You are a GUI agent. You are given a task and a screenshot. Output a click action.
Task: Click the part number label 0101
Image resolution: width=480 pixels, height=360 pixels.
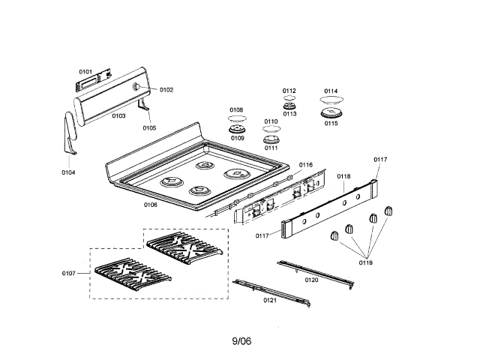coord(86,71)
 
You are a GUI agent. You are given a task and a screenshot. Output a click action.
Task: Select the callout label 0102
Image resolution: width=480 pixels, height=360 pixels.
coord(166,89)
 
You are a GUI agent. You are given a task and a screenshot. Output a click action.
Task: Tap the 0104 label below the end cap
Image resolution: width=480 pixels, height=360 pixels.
coord(68,172)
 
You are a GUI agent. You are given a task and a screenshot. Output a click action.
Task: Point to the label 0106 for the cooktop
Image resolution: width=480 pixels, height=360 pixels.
coord(150,204)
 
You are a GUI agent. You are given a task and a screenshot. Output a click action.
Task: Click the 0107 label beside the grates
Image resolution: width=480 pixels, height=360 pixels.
coord(69,273)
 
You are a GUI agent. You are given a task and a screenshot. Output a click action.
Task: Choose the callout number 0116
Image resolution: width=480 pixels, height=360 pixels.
coord(305,164)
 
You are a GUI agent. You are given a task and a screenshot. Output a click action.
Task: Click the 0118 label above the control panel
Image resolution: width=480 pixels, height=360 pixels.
coord(343,175)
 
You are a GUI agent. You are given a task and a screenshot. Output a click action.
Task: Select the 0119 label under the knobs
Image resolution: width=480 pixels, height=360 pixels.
coord(365,262)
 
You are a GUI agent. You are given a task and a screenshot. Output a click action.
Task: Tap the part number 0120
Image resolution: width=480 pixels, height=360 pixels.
coord(311,279)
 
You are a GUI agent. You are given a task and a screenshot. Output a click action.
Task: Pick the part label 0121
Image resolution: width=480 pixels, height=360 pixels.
coord(270,299)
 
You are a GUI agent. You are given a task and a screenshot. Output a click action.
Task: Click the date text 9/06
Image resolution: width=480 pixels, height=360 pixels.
coord(241,341)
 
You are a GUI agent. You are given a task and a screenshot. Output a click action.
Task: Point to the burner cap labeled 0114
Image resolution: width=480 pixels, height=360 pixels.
coord(331,99)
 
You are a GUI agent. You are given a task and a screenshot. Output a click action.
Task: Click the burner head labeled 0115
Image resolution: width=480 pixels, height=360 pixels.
coord(331,113)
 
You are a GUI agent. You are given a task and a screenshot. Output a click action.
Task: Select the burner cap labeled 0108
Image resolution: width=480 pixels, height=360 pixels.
coord(236,118)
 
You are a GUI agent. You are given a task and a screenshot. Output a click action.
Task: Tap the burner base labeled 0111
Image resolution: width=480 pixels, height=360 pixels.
coord(271,139)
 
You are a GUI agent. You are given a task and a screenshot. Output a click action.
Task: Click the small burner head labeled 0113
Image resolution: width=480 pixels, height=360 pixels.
coord(289,106)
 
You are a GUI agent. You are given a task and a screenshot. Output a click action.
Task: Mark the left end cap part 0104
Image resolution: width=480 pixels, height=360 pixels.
coord(68,134)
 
